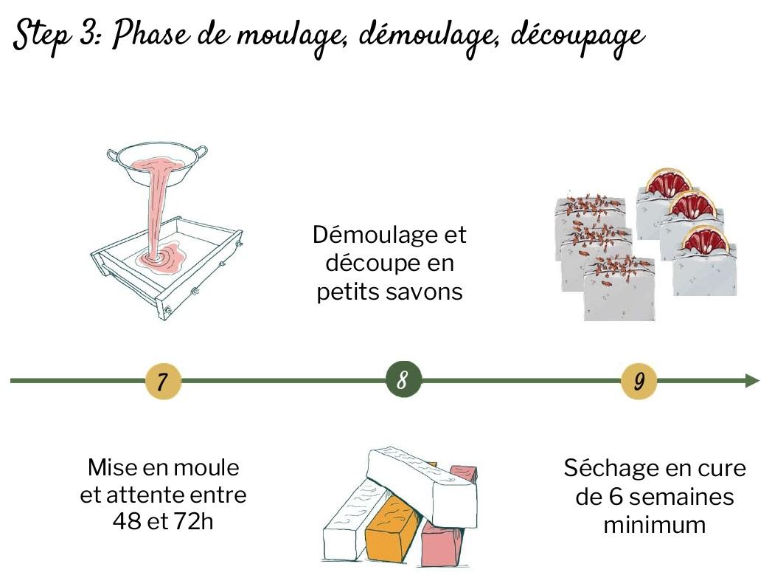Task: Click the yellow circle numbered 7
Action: pyautogui.click(x=163, y=381)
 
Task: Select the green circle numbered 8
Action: pyautogui.click(x=403, y=379)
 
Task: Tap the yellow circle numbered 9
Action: pyautogui.click(x=639, y=381)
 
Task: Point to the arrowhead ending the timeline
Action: pyautogui.click(x=754, y=380)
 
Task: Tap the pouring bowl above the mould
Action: pyautogui.click(x=157, y=165)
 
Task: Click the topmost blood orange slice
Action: pyautogui.click(x=669, y=182)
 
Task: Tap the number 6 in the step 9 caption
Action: pyautogui.click(x=616, y=497)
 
